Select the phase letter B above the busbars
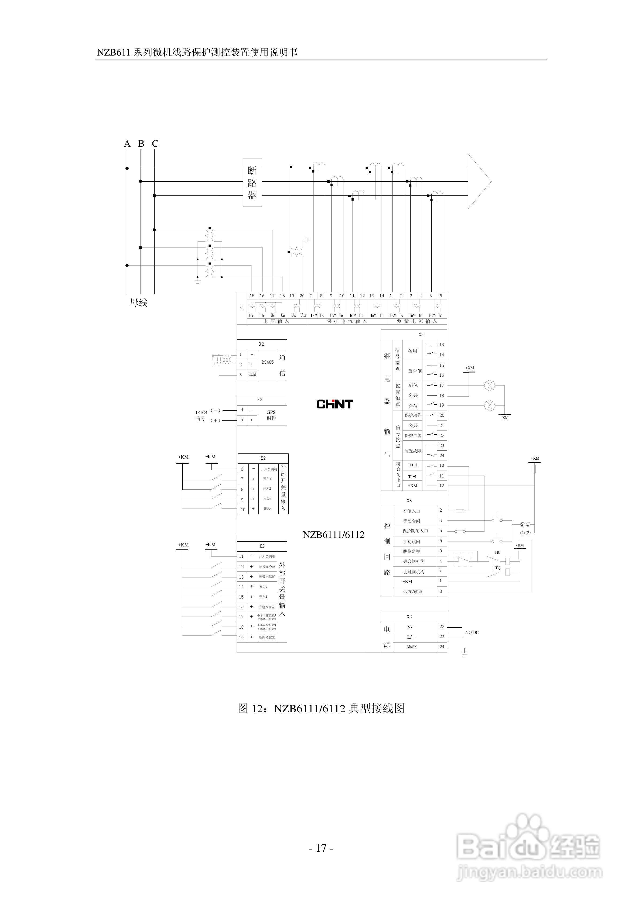pyautogui.click(x=141, y=143)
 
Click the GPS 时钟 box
pyautogui.click(x=271, y=415)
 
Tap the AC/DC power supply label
pyautogui.click(x=472, y=632)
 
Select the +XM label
pyautogui.click(x=469, y=368)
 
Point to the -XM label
pyautogui.click(x=505, y=418)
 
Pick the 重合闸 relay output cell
pyautogui.click(x=414, y=371)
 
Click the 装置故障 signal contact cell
pyautogui.click(x=412, y=451)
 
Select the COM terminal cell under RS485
pyautogui.click(x=252, y=374)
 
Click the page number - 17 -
pyautogui.click(x=321, y=848)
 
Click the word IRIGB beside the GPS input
pyautogui.click(x=201, y=412)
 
